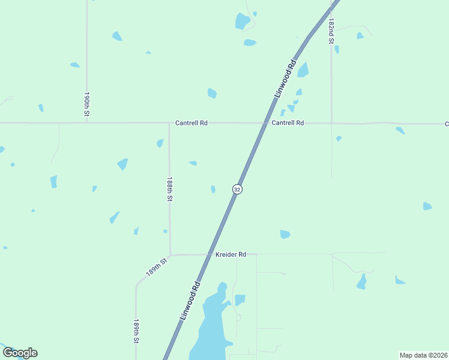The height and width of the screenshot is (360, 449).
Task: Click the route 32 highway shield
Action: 237,189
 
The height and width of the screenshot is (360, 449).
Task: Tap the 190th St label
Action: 87,104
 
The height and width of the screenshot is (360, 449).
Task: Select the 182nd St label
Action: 331,30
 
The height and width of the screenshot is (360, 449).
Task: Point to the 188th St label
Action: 170,189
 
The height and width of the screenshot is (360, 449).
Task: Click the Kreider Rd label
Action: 231,254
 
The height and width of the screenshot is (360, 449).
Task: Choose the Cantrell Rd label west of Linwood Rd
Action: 191,123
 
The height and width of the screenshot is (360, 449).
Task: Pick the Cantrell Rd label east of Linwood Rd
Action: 288,123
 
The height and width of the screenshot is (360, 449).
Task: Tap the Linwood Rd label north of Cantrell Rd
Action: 285,79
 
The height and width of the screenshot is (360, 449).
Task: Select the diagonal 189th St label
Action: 155,268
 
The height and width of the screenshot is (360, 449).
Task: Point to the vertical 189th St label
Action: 137,331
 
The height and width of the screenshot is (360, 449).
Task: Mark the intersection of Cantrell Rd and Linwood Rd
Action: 265,123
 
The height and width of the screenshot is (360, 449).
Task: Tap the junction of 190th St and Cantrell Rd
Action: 87,122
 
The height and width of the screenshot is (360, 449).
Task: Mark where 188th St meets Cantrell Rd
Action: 169,123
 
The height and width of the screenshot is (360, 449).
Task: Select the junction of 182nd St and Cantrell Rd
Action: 332,123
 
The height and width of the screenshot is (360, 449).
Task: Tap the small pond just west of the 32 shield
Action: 213,190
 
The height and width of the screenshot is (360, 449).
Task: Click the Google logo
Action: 20,353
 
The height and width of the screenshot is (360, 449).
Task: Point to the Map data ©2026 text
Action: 423,355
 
